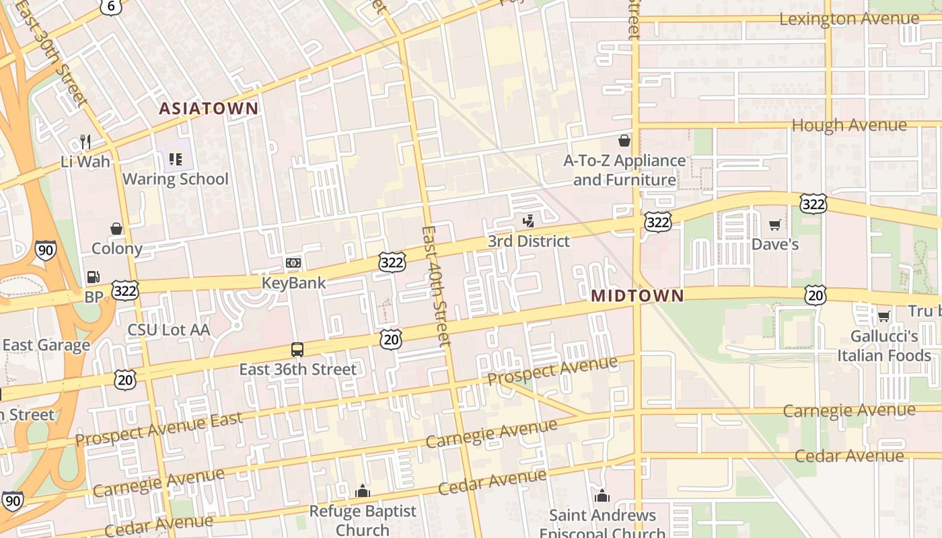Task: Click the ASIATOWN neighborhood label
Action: pos(209,108)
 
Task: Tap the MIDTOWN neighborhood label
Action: pos(637,296)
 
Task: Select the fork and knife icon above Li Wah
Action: pos(85,142)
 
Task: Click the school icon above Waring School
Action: pos(176,159)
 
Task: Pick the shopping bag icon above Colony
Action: pos(116,229)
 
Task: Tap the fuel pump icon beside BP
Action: pos(93,277)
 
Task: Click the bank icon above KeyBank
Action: pos(293,263)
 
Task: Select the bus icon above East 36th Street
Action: pos(297,350)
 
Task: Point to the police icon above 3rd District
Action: pos(529,221)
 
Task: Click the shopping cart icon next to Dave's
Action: pos(775,225)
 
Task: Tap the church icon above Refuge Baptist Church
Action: pos(363,492)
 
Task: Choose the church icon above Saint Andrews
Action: pos(602,496)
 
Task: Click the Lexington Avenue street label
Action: pos(848,19)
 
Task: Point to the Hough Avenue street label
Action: pos(848,125)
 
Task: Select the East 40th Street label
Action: pos(435,286)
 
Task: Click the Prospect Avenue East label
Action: pos(159,430)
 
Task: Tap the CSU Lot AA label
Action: pos(169,330)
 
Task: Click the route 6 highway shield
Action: pos(110,6)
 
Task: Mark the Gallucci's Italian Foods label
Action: pos(883,346)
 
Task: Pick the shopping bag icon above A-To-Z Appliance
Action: pos(624,141)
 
